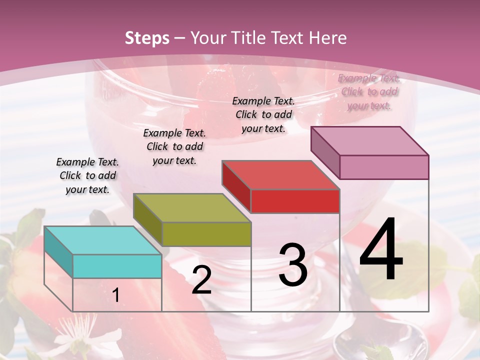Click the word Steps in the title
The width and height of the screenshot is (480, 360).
[x=147, y=38]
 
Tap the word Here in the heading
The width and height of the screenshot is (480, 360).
[x=328, y=38]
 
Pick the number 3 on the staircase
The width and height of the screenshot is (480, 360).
[x=292, y=265]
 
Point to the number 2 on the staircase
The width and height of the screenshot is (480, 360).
[x=201, y=280]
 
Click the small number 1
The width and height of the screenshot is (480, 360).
[x=116, y=295]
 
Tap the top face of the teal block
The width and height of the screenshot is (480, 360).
[x=102, y=240]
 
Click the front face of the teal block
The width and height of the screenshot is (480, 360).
[x=117, y=266]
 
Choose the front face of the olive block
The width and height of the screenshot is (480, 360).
[x=206, y=234]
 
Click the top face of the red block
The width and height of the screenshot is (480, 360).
[x=280, y=175]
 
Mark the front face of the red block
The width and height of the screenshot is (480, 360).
[x=295, y=201]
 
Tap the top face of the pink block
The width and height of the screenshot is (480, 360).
[x=369, y=141]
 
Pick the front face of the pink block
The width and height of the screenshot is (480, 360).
[x=384, y=167]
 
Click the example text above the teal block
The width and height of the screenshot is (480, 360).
[x=87, y=175]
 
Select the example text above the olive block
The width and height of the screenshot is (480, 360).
[x=174, y=146]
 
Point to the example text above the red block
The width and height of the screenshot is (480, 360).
[x=263, y=114]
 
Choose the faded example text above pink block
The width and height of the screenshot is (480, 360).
[x=369, y=91]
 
